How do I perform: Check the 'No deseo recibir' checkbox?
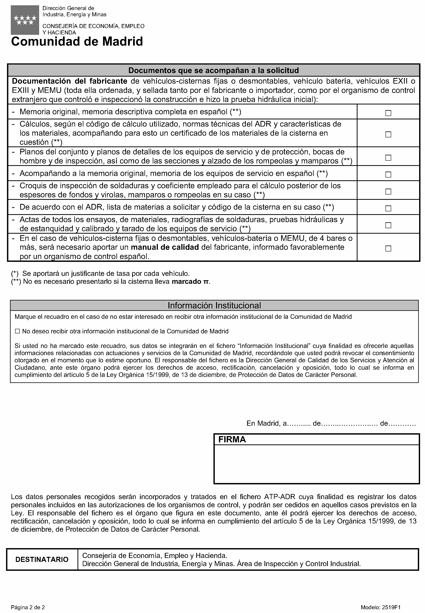click(x=18, y=331)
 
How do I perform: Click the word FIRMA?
click(x=232, y=439)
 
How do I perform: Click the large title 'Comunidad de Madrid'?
click(x=77, y=42)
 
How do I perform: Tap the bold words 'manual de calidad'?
click(x=165, y=247)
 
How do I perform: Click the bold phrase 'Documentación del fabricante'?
click(x=70, y=81)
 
